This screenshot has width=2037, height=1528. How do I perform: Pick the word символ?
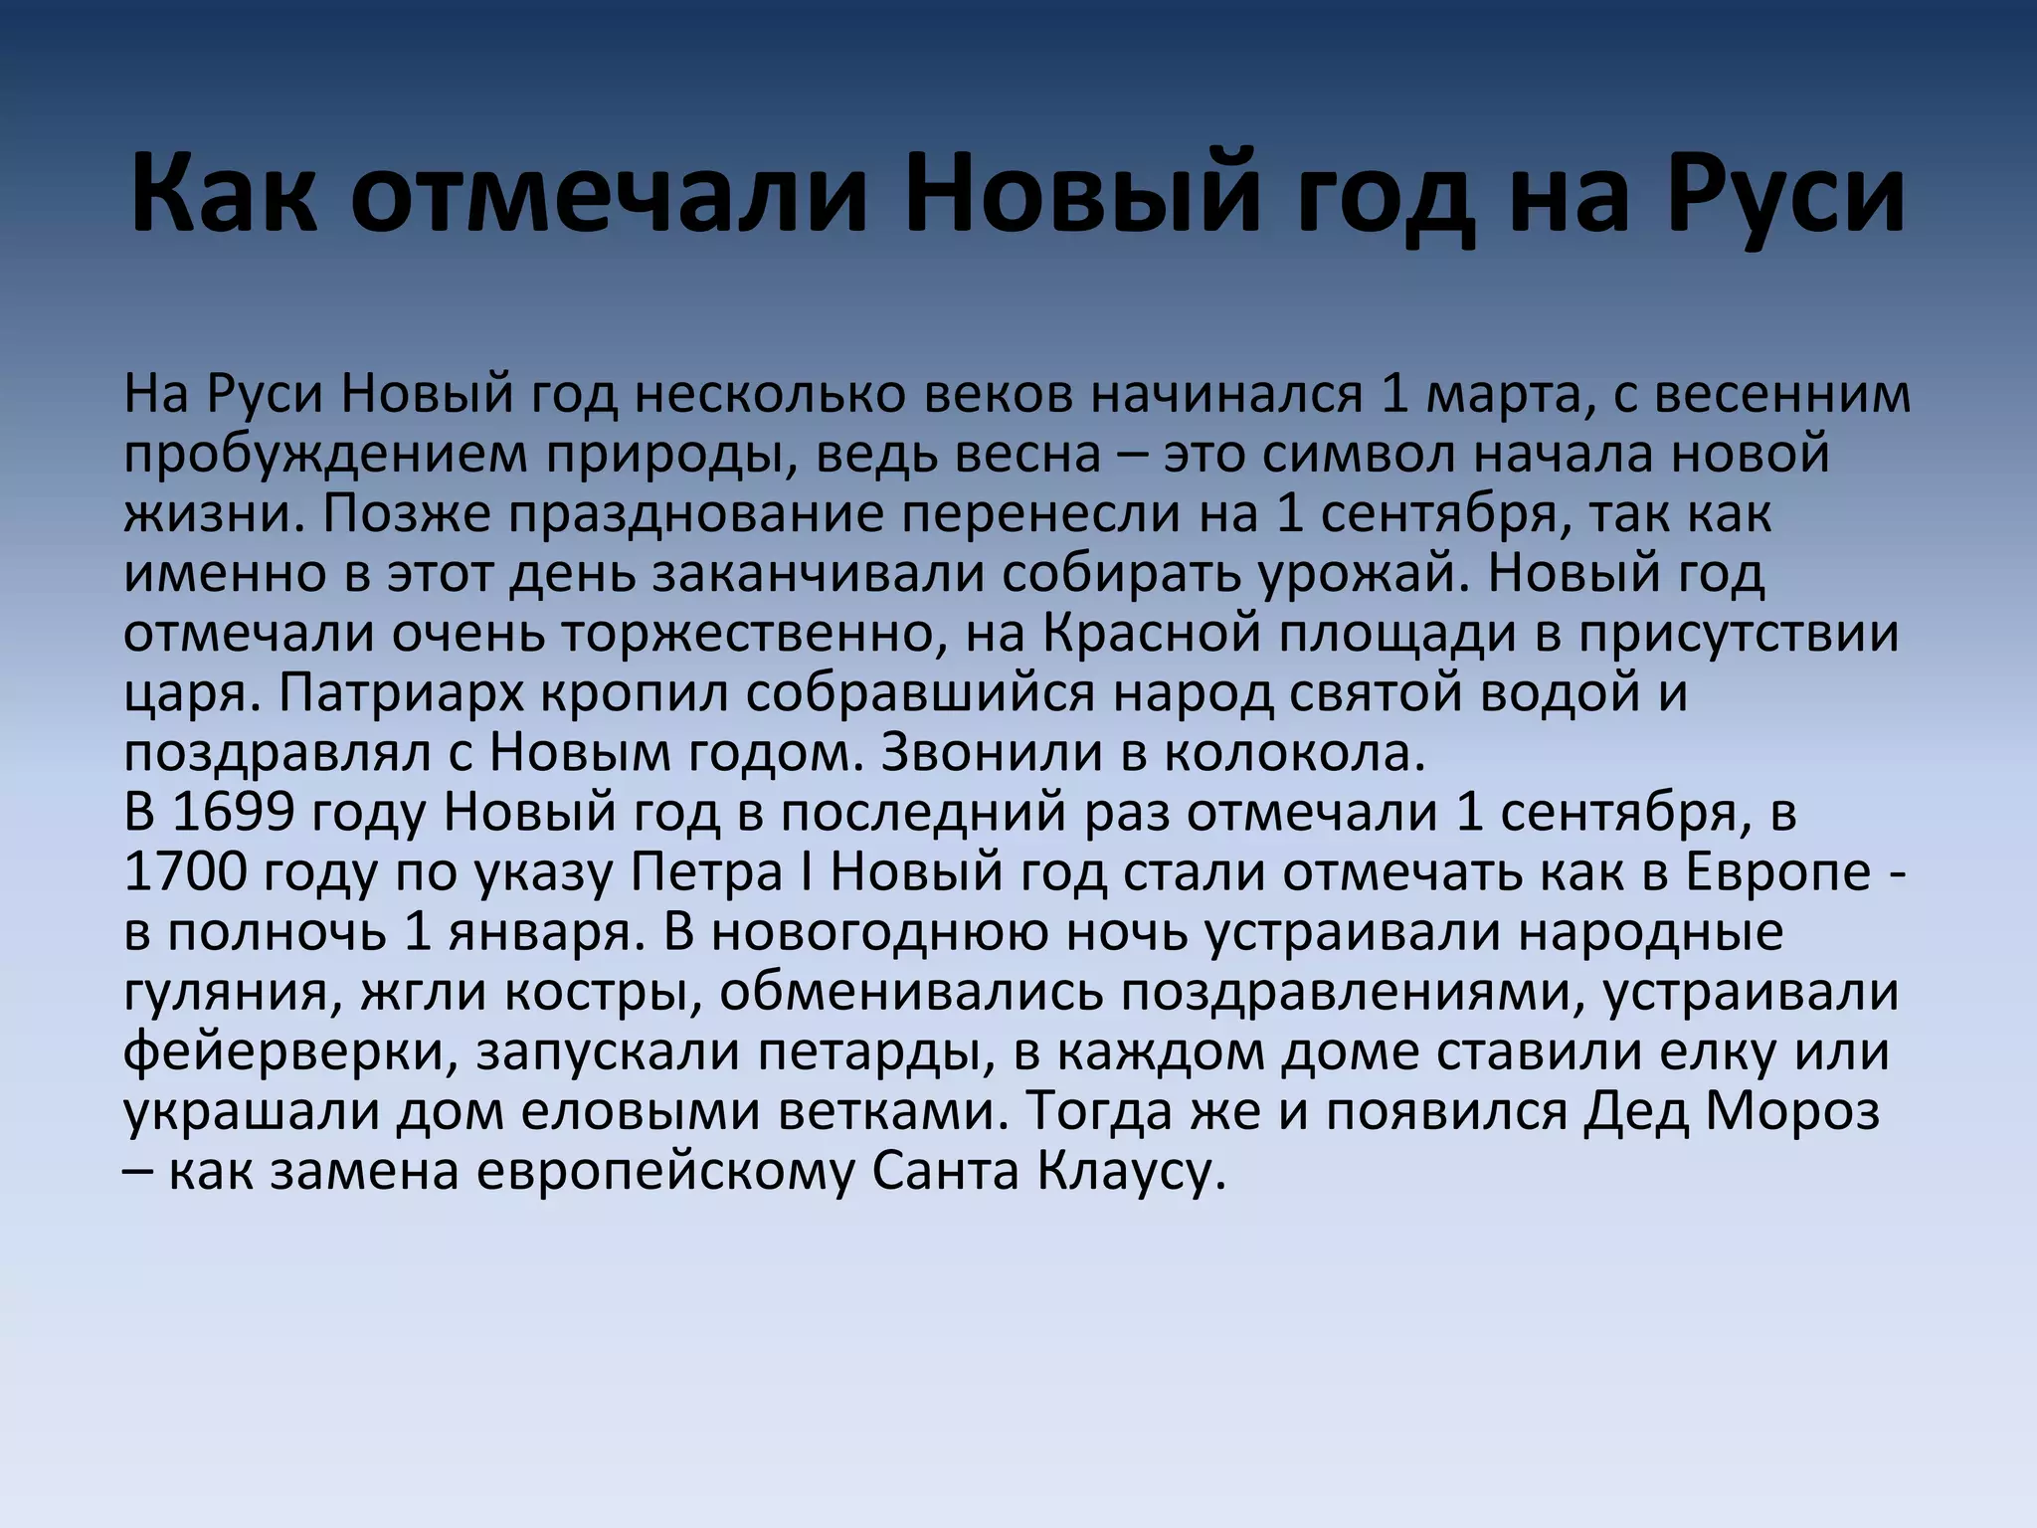[1360, 454]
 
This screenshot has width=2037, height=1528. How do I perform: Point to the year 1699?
[233, 813]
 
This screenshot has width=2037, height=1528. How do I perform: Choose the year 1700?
[185, 872]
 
